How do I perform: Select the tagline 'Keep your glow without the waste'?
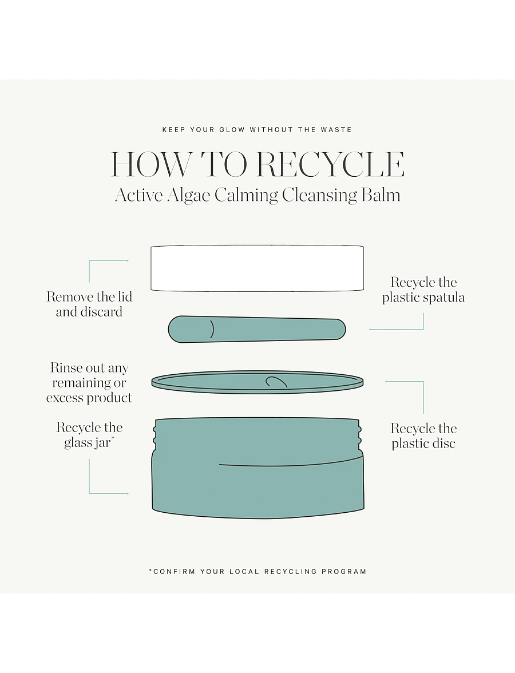257,129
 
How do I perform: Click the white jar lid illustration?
257,268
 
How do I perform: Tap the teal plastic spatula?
256,329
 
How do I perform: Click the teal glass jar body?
258,469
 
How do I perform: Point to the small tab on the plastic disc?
275,382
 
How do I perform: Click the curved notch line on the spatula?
212,329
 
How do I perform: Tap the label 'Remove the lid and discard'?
89,304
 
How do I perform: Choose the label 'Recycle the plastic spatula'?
423,290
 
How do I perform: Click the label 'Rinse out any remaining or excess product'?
89,382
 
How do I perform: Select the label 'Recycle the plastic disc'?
423,436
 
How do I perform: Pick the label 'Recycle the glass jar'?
89,435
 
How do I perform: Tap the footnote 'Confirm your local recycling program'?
257,572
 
